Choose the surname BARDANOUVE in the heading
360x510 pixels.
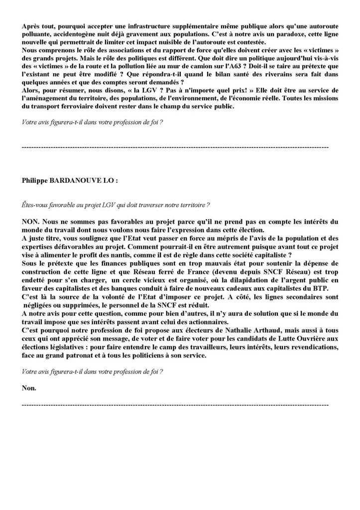point(77,181)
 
